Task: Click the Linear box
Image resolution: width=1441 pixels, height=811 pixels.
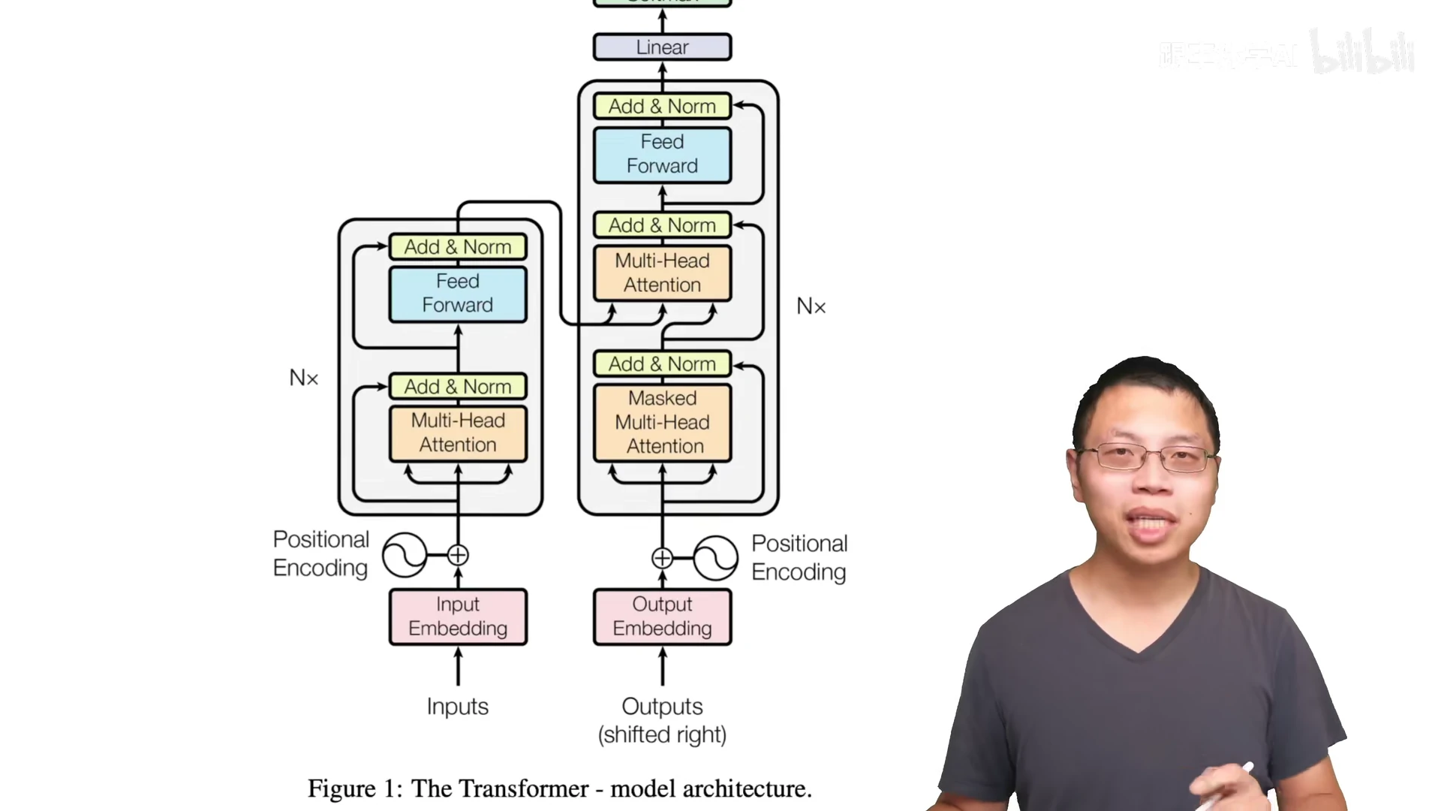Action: [662, 47]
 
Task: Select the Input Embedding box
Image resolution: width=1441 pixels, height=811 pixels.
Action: [458, 617]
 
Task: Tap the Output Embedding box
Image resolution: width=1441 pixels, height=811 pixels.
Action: [662, 617]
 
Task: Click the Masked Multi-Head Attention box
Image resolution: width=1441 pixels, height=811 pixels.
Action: [662, 422]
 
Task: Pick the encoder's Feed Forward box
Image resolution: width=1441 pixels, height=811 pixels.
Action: [458, 294]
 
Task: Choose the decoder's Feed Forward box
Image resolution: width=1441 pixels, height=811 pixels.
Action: [662, 155]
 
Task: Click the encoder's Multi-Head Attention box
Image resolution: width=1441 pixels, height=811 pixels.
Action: [458, 433]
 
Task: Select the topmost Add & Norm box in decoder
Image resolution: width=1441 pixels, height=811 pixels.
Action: [662, 107]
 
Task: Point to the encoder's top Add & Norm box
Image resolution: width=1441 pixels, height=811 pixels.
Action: [458, 247]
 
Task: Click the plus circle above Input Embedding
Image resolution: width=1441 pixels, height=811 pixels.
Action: [458, 555]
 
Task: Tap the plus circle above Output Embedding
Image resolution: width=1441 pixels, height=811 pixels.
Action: [662, 558]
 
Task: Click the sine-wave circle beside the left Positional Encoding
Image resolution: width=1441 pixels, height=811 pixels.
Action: [405, 555]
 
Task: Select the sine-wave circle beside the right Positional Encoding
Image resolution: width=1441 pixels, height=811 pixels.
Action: [715, 558]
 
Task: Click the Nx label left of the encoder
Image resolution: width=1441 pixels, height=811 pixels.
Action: [304, 378]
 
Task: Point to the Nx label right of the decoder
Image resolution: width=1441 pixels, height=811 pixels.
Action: [811, 306]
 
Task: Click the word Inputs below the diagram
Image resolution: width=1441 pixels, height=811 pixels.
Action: [457, 707]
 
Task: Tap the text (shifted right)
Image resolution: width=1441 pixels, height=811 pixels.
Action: [662, 734]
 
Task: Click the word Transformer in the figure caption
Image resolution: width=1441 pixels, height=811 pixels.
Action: [524, 788]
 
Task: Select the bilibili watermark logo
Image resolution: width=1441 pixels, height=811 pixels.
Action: [1361, 53]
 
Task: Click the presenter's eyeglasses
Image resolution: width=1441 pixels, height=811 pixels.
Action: [1147, 457]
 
